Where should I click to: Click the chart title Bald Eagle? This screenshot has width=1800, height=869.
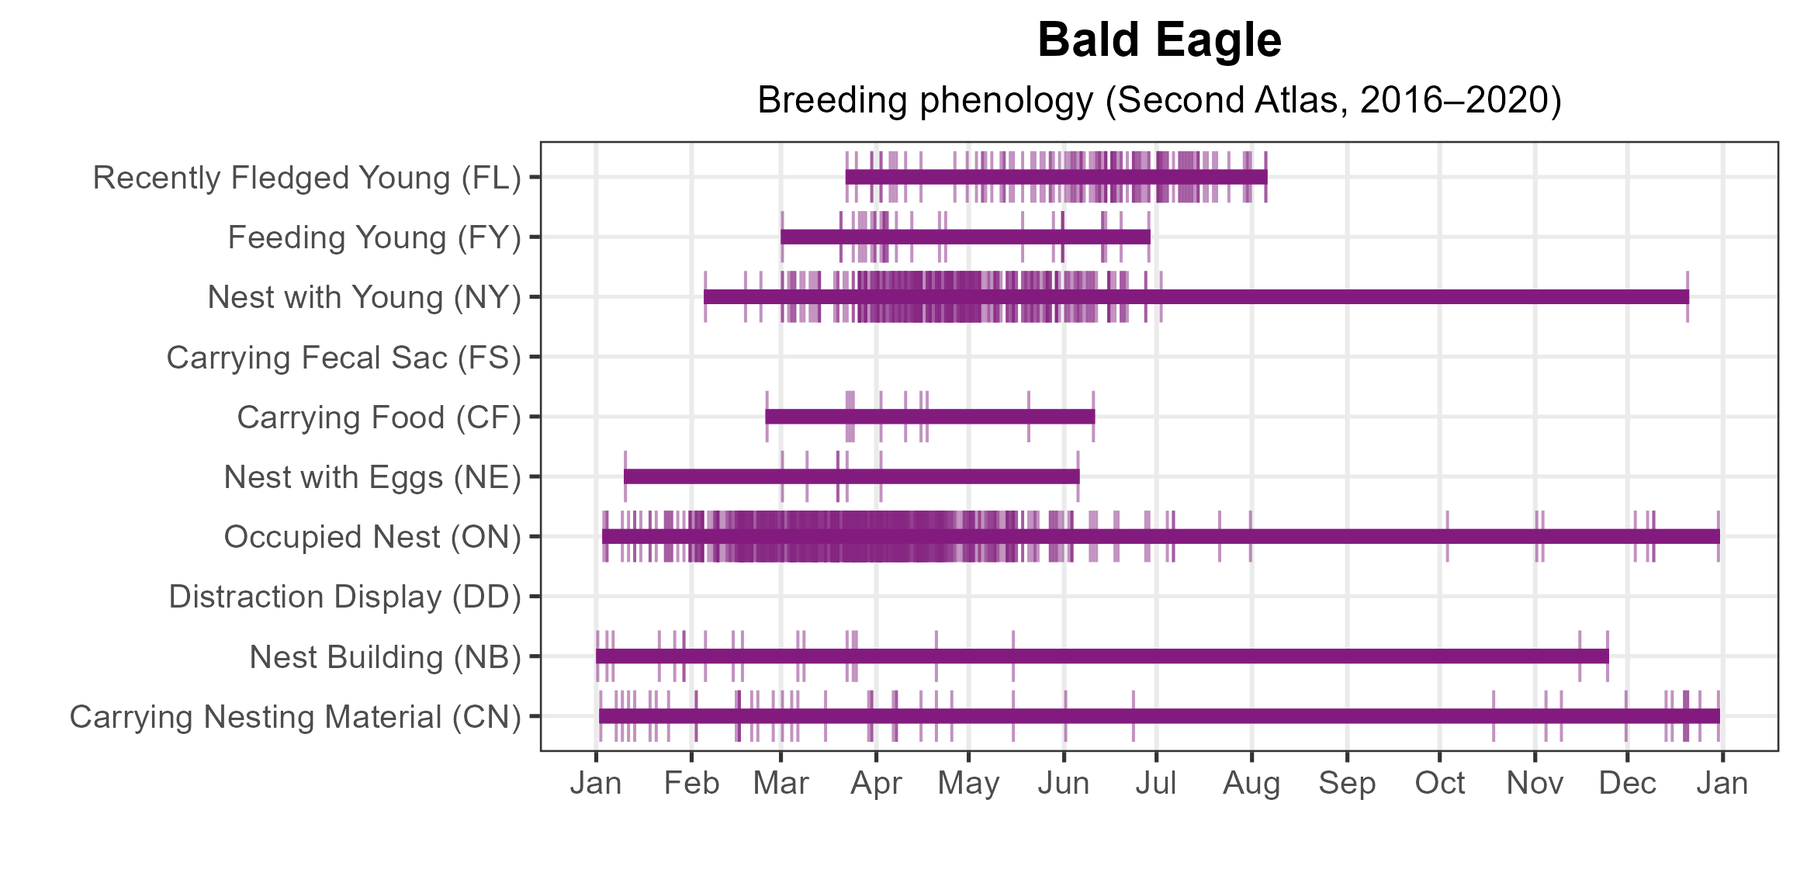click(1159, 40)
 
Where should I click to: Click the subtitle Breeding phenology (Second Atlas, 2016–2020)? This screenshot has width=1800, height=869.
click(1159, 100)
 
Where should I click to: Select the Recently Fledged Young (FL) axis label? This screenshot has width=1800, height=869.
click(307, 178)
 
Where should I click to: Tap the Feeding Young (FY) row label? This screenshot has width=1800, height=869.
click(375, 237)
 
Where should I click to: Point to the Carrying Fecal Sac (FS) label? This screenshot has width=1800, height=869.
click(344, 358)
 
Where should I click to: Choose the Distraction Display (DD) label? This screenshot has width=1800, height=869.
click(345, 597)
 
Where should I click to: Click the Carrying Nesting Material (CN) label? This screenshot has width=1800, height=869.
click(296, 717)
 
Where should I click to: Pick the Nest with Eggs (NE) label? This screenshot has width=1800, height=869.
click(372, 477)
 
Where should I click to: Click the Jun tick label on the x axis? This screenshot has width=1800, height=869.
click(1064, 784)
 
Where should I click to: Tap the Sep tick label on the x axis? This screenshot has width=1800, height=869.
click(1347, 784)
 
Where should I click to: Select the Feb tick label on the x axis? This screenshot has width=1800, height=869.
click(691, 784)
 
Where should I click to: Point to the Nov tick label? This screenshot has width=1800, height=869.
click(1535, 784)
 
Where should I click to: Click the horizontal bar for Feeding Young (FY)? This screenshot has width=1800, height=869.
click(965, 237)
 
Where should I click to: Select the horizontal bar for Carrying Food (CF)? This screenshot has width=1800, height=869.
click(930, 417)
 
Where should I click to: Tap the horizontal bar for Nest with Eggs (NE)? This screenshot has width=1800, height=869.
click(852, 476)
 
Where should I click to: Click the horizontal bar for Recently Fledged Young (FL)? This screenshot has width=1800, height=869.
click(1057, 177)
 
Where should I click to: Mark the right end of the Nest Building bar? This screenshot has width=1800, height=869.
click(1608, 656)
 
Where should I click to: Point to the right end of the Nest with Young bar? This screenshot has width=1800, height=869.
click(1688, 297)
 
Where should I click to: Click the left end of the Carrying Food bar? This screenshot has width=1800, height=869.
click(766, 417)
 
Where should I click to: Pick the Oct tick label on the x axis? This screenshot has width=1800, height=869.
click(1440, 784)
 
